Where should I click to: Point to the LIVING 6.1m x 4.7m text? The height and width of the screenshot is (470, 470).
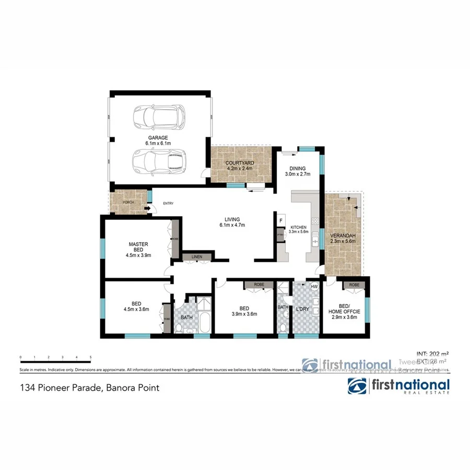(x=232, y=222)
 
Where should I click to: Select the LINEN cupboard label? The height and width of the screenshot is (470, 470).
(x=197, y=257)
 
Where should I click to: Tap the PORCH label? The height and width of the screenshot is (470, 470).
(x=128, y=203)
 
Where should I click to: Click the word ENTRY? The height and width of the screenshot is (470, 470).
(x=168, y=203)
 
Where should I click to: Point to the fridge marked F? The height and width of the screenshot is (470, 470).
(x=281, y=220)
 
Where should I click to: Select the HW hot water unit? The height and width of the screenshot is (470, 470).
(x=314, y=287)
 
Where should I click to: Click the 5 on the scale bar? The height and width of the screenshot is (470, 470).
(x=91, y=358)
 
